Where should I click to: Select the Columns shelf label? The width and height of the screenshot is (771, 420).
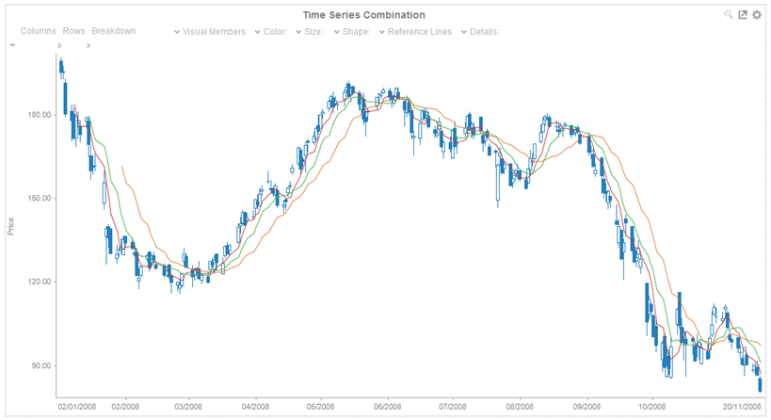39,31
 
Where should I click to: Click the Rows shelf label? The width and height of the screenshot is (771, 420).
74,31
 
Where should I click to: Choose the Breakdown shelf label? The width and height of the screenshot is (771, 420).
114,31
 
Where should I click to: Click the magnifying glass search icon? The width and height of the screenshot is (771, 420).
729,15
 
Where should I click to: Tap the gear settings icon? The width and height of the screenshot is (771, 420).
757,15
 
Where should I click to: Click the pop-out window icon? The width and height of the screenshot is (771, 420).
743,15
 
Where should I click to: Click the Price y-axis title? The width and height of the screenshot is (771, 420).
10,225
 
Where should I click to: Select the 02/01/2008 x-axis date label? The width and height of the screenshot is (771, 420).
77,408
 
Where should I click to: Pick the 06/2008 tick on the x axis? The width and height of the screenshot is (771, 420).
388,408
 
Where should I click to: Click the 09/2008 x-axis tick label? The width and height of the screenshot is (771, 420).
586,408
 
